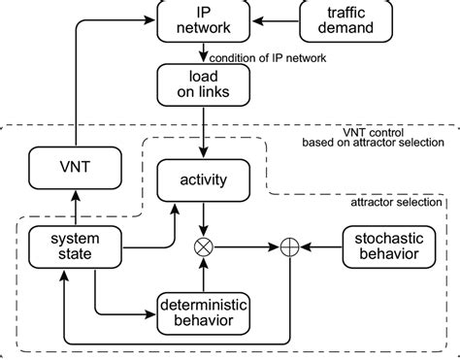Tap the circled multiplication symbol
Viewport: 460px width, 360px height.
[203, 246]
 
